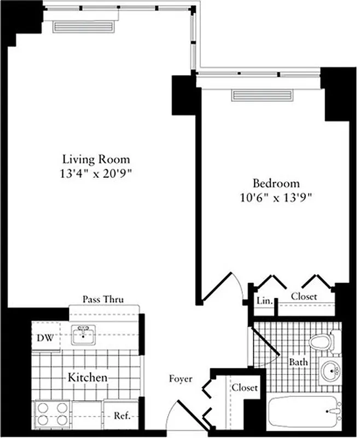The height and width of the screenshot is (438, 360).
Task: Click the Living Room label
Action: click(x=96, y=159)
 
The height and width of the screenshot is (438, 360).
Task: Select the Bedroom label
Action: click(x=276, y=183)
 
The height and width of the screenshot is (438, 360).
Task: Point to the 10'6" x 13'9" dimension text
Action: click(x=276, y=198)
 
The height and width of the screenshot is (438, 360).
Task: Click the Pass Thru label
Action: click(x=103, y=299)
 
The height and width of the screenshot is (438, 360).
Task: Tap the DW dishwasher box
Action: click(x=45, y=338)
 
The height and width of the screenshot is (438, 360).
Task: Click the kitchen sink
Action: click(x=83, y=335)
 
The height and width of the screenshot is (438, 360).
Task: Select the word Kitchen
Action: click(x=87, y=378)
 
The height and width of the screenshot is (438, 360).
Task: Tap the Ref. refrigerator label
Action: click(x=121, y=416)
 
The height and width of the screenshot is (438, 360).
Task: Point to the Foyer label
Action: click(x=180, y=378)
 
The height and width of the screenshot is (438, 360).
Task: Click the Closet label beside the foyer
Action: click(x=244, y=388)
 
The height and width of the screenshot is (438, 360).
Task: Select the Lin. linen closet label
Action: click(x=263, y=301)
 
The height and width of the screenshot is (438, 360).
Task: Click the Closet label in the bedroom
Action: click(x=304, y=296)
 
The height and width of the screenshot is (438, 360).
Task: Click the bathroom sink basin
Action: click(x=330, y=371)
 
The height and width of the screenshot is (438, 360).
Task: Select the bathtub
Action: click(x=305, y=412)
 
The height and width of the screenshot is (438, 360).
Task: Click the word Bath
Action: click(x=299, y=362)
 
